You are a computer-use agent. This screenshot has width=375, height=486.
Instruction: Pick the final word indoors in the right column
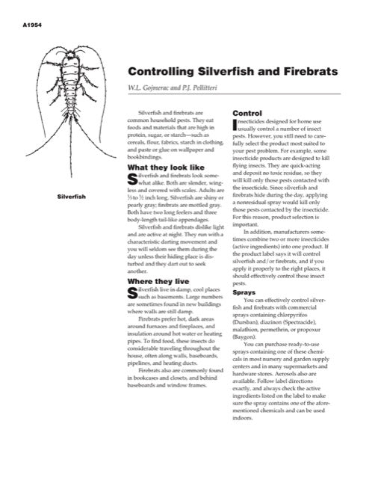point(244,417)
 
